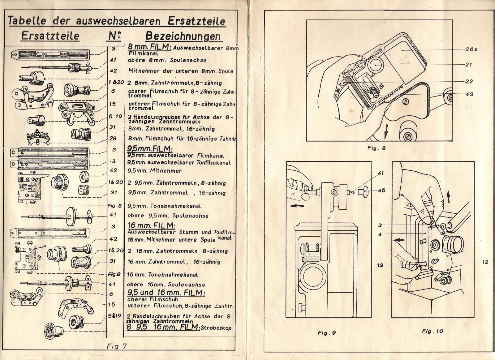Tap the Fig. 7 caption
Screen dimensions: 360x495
point(117,346)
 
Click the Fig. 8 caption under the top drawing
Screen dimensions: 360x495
point(377,148)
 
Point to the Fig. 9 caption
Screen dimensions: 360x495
point(327,333)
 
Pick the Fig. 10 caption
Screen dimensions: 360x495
point(432,331)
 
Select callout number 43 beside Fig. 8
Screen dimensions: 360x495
point(469,94)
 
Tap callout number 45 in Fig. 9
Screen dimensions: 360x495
point(381,191)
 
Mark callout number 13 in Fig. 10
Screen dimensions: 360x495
point(380,265)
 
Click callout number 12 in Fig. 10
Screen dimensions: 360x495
point(485,262)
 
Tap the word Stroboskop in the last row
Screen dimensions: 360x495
point(216,328)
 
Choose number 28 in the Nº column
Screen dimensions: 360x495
point(113,139)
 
